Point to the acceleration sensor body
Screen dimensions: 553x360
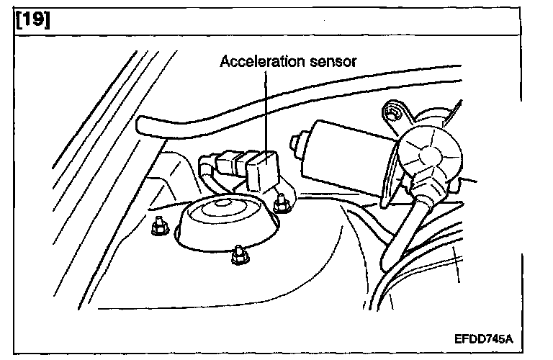tap(261, 171)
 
